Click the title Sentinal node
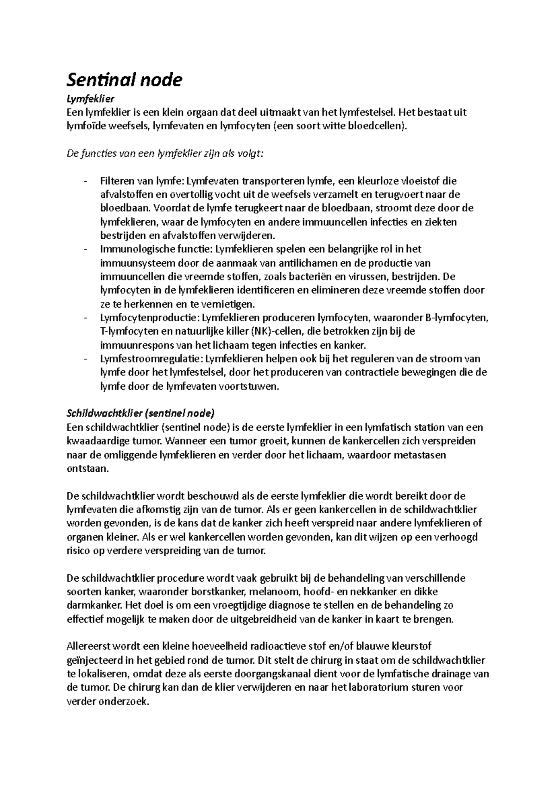pos(124,80)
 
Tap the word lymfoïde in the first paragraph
pos(84,126)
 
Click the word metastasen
pos(419,455)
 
